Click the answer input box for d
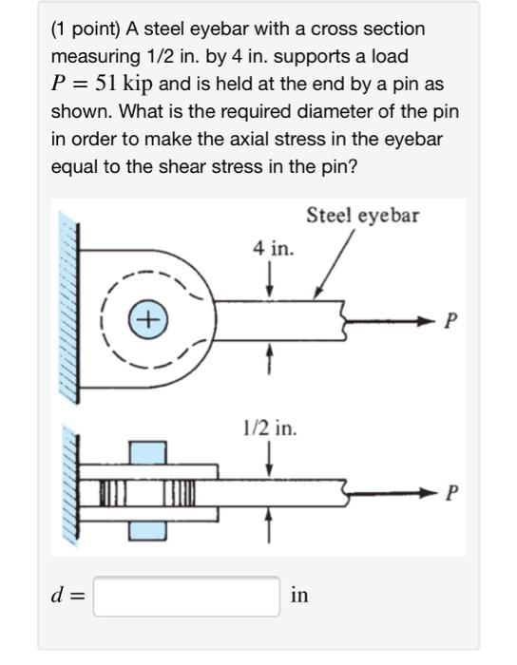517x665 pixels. [x=186, y=596]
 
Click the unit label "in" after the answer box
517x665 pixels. [x=299, y=596]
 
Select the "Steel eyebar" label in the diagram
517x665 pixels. [x=362, y=216]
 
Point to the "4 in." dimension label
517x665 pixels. [x=273, y=249]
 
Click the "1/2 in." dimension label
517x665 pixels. [x=270, y=428]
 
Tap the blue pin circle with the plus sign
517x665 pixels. [x=148, y=319]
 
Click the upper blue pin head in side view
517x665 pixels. [x=146, y=453]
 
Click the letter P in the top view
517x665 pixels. [x=450, y=321]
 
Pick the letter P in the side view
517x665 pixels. [x=450, y=493]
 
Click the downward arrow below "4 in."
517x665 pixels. [x=273, y=280]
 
